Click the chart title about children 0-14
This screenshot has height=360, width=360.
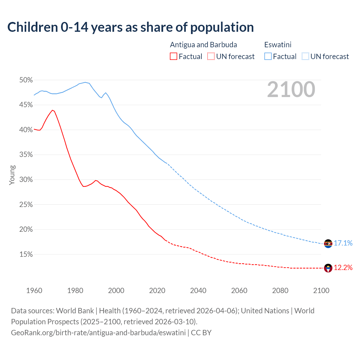130,27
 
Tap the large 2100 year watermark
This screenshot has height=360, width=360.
291,89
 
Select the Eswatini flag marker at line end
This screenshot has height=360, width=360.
328,244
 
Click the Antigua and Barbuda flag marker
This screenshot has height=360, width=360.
328,268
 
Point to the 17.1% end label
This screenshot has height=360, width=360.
343,243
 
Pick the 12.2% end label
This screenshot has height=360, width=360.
343,267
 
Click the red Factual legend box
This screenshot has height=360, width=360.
174,57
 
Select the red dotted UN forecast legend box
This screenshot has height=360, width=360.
211,57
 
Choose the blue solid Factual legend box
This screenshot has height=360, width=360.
268,57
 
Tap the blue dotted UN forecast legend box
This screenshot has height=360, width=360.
305,57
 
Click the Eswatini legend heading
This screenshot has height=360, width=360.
278,45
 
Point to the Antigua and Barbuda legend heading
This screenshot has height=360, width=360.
203,45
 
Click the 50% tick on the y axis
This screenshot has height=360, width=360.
26,80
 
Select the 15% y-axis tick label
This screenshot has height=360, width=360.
26,255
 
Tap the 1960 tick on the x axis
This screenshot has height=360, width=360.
34,291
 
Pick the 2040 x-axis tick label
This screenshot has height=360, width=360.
198,291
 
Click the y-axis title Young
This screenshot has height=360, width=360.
12,175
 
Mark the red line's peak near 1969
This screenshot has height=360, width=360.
52,110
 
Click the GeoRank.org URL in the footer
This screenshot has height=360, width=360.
98,333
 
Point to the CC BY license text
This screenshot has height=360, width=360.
201,333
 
